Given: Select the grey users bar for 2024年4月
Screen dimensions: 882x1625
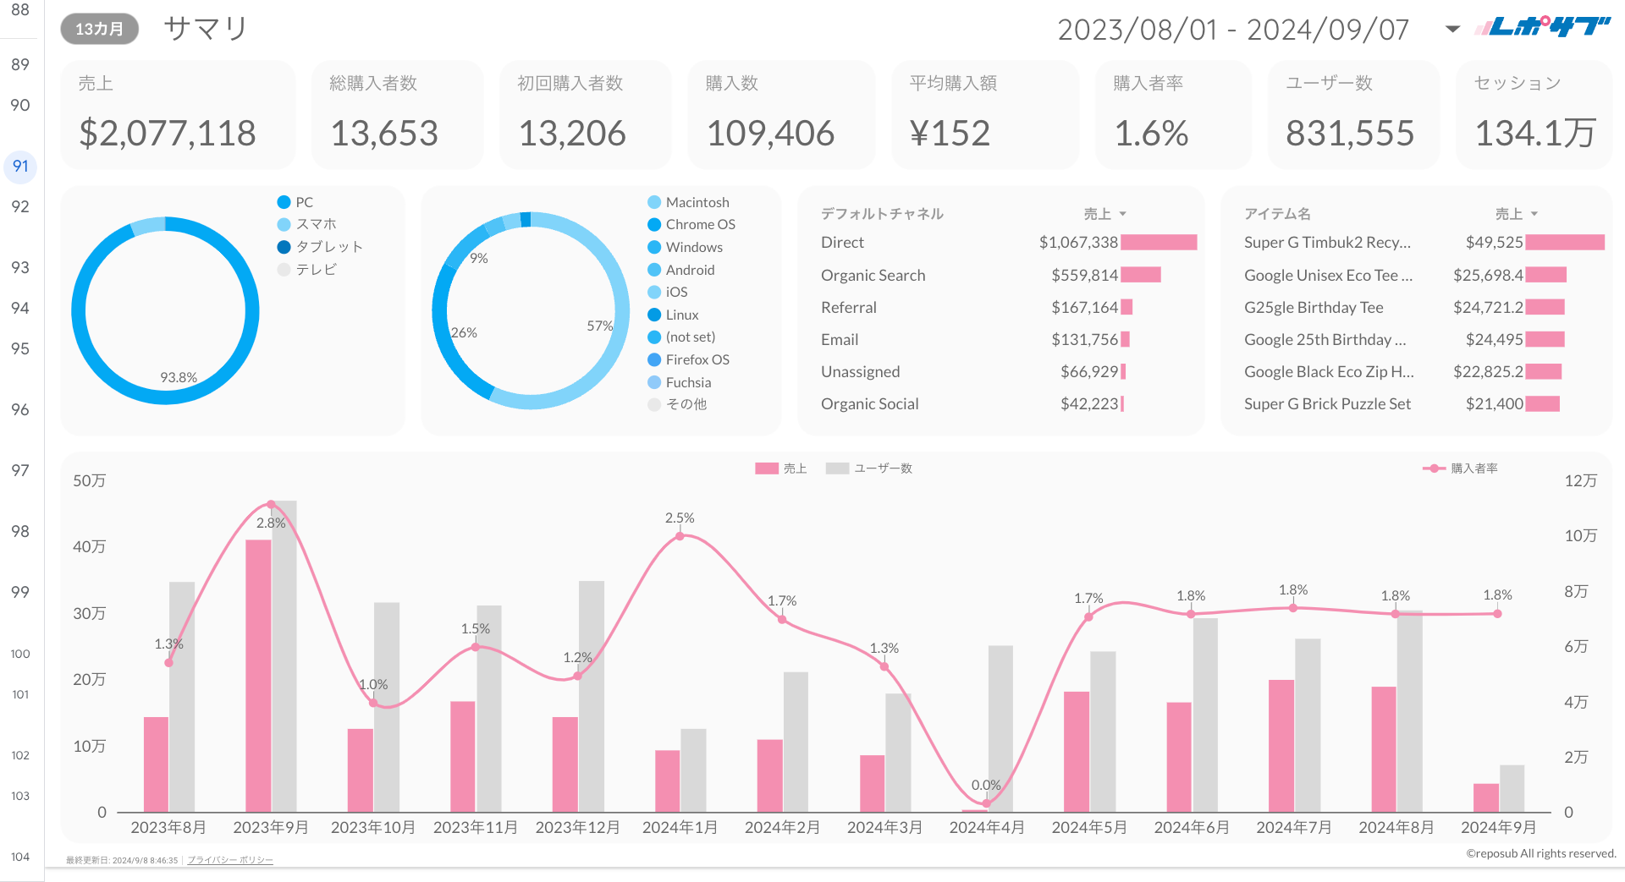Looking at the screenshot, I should [1000, 727].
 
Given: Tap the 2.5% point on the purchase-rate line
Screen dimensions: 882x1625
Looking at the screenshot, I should [680, 536].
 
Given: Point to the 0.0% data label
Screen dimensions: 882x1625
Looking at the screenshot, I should [986, 785].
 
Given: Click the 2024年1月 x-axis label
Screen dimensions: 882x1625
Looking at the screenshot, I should [680, 827].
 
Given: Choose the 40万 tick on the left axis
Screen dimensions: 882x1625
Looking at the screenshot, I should [89, 547].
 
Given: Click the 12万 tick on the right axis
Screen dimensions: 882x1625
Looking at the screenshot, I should [1580, 480].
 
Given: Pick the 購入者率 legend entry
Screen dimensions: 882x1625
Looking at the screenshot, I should [1474, 468].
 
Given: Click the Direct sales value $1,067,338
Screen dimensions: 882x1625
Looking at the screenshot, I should [1078, 243].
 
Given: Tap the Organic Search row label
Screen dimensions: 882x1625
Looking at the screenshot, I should [873, 276].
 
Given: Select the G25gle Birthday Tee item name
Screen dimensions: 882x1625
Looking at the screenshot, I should [1314, 308].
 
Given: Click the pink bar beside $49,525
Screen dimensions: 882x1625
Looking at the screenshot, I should [1565, 243].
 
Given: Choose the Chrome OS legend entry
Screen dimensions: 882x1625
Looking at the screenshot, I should [700, 225].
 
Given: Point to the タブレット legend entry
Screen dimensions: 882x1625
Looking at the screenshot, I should [328, 247].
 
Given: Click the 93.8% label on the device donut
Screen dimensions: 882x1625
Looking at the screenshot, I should [179, 377].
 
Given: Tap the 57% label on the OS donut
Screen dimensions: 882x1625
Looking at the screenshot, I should [599, 326].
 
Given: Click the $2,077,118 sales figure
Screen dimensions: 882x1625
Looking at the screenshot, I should [168, 134].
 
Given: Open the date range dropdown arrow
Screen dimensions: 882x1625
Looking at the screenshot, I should [1452, 30].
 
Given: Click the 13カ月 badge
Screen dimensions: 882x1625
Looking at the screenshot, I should [99, 30].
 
